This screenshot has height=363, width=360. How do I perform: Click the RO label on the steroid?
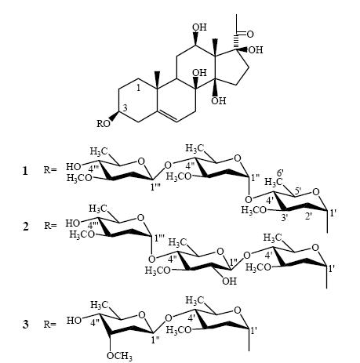104,123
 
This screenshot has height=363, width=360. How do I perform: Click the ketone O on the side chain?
250,34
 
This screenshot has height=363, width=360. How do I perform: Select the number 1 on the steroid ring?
139,88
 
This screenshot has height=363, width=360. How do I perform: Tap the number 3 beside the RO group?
125,108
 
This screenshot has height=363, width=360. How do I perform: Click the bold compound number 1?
25,171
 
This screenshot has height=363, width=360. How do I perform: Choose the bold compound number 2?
25,226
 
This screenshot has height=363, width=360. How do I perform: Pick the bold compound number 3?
25,325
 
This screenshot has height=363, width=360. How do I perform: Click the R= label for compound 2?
50,225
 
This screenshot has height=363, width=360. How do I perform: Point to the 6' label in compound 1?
281,173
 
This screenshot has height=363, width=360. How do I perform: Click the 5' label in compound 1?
298,192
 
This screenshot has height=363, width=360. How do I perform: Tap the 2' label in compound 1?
308,216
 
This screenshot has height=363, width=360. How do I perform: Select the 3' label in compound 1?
285,216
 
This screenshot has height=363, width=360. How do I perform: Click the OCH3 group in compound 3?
119,356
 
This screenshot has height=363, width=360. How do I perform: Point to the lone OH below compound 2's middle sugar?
229,281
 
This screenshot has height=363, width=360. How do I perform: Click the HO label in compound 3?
74,321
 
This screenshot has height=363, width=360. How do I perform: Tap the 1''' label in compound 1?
157,187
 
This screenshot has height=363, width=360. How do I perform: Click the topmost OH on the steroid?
200,27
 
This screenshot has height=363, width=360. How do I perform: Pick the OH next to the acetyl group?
256,50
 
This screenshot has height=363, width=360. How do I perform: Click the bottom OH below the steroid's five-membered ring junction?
219,100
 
